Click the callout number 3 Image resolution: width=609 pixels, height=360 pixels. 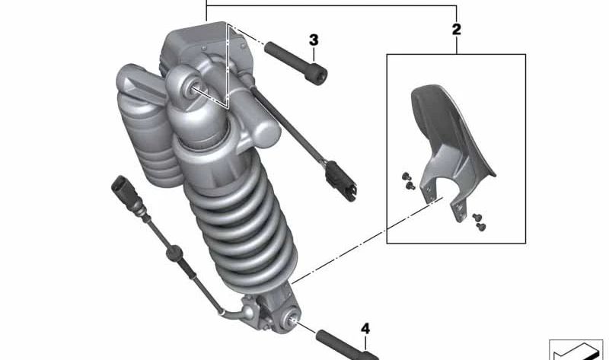(313, 40)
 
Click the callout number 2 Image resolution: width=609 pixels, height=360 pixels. (456, 30)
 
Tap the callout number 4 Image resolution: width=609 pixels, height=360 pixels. (365, 329)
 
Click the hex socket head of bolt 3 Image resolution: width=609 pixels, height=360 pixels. (320, 76)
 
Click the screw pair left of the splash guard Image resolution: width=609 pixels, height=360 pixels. (407, 180)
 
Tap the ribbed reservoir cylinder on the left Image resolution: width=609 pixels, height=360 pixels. (149, 129)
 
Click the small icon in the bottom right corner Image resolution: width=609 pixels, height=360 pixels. (576, 349)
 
